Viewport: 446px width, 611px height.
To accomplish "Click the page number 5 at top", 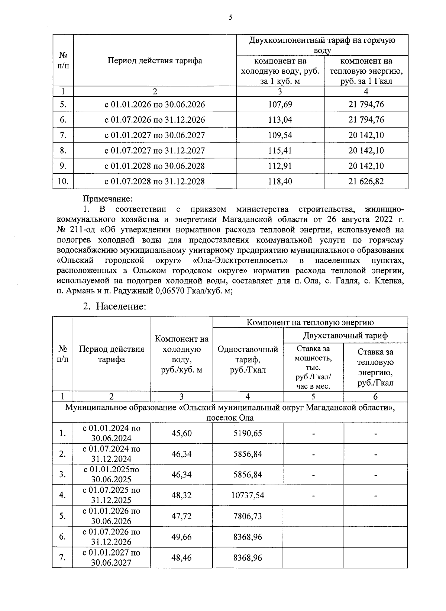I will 230,17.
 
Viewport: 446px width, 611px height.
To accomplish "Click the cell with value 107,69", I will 280,104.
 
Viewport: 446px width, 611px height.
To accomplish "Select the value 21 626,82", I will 366,181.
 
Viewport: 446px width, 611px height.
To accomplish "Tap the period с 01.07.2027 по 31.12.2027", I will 155,151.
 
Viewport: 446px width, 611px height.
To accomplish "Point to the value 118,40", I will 280,181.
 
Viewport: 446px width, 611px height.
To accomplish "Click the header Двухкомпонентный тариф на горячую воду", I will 322,45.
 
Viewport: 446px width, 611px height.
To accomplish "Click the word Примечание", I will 107,200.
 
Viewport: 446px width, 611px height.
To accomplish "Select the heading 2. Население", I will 114,306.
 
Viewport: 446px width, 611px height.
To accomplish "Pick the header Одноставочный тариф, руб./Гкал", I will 248,359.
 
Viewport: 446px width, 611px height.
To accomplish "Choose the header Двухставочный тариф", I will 345,335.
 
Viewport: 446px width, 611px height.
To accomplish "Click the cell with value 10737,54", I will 248,495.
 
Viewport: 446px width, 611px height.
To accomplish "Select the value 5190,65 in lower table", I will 248,433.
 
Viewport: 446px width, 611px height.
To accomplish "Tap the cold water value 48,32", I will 181,495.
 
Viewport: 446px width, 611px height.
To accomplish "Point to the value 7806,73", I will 248,516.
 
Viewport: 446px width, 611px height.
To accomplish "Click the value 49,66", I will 181,537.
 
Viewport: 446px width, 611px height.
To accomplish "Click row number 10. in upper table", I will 63,181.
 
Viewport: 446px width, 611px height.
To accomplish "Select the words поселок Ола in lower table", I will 230,418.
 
